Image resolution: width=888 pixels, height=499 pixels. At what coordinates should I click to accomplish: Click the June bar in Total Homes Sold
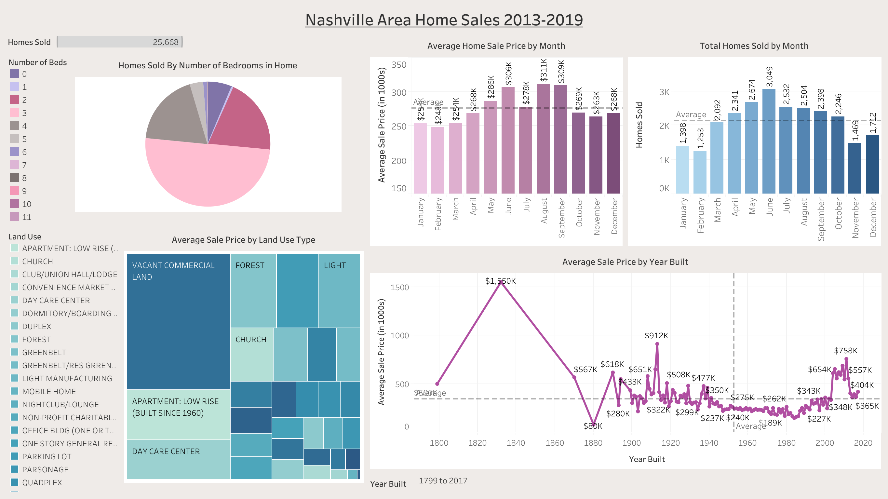click(769, 142)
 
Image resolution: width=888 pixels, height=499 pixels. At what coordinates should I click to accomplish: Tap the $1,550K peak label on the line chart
click(500, 281)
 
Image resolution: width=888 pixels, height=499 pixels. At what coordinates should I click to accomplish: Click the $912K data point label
click(656, 336)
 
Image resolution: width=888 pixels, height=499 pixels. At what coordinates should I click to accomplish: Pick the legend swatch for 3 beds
click(14, 113)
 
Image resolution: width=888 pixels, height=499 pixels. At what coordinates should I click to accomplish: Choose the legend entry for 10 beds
click(26, 204)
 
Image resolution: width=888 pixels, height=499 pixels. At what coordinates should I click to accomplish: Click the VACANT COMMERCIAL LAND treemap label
click(173, 271)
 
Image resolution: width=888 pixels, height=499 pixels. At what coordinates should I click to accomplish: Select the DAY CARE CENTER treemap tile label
click(166, 452)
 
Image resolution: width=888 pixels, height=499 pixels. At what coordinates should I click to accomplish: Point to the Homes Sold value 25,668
click(166, 42)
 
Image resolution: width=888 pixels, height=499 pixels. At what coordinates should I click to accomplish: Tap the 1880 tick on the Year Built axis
click(593, 443)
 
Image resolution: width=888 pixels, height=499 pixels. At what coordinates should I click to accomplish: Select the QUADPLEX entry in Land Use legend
click(42, 482)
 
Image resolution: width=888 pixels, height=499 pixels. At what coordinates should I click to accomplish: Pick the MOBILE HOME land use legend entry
click(48, 391)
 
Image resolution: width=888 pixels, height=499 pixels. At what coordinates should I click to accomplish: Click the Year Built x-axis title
click(647, 459)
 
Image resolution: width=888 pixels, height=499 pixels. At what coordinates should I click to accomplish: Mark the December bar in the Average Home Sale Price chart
click(613, 153)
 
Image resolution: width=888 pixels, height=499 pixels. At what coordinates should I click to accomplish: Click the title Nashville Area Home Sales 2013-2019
click(444, 20)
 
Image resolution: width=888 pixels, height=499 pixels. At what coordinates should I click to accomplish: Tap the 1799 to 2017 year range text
click(443, 480)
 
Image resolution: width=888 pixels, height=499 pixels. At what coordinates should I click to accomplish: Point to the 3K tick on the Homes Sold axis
click(664, 92)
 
